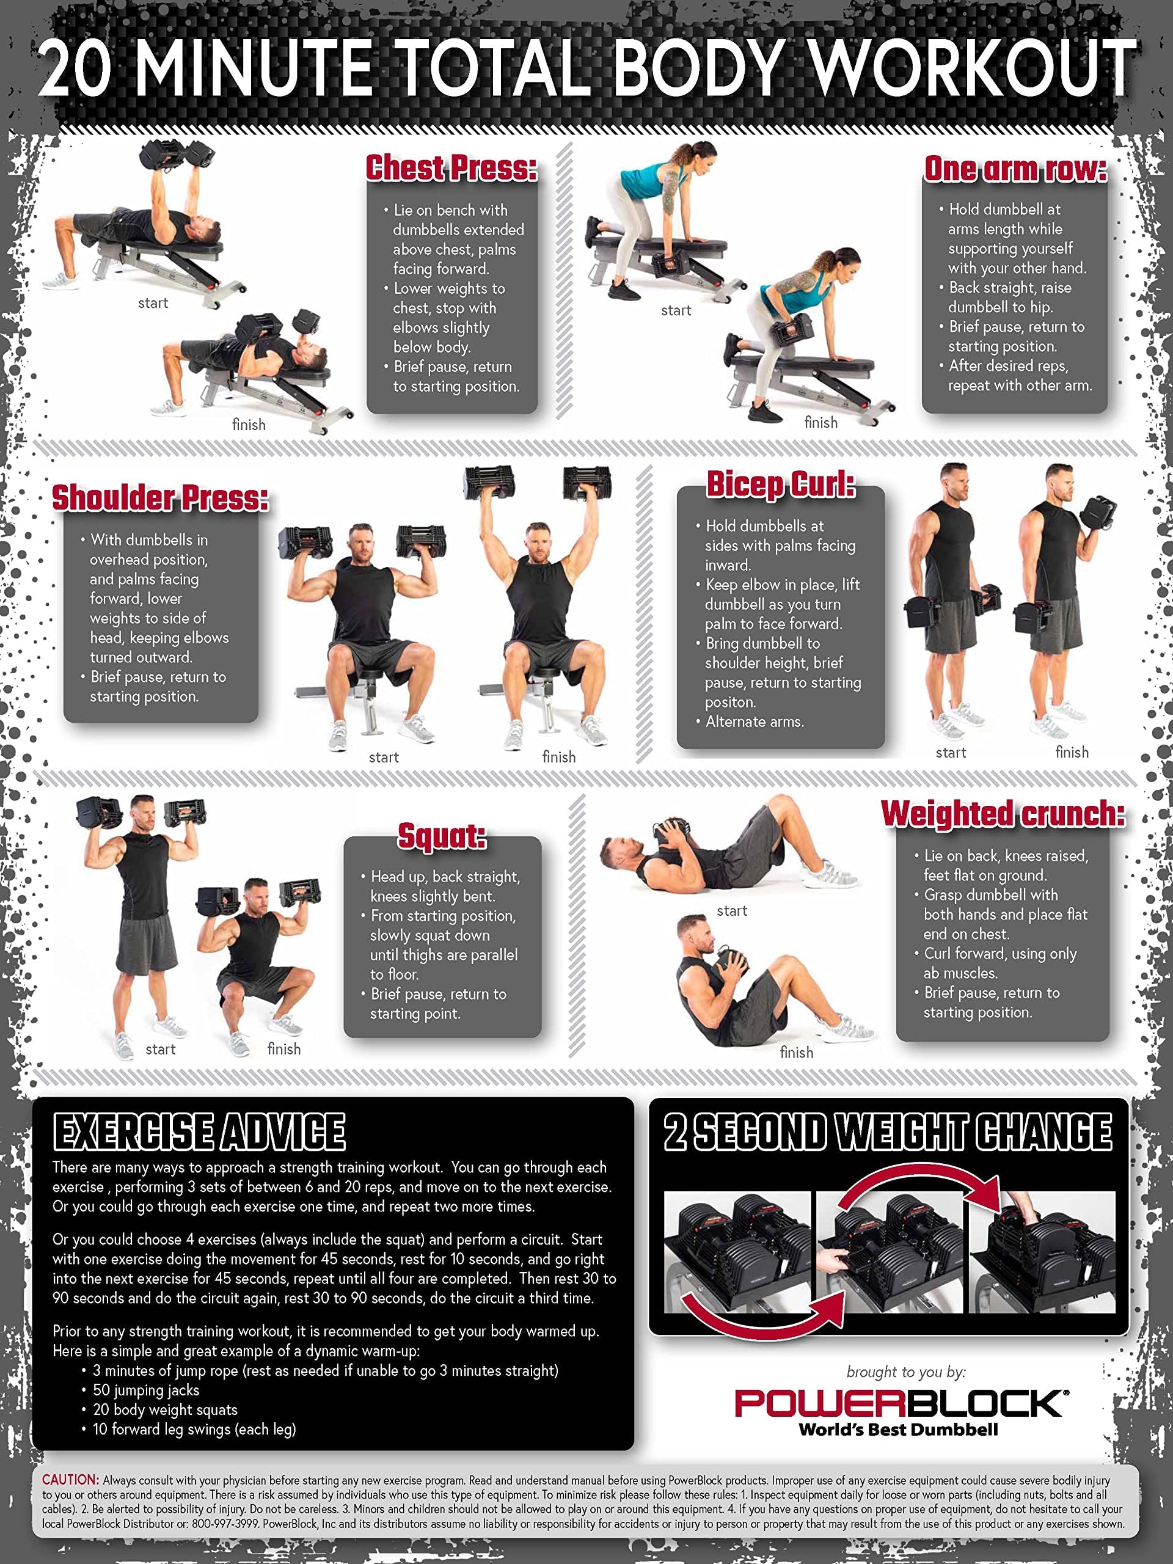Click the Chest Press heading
click(451, 168)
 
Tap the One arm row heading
click(1015, 169)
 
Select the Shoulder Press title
click(161, 498)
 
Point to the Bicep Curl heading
click(781, 485)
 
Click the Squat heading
click(442, 836)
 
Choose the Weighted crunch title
click(1003, 813)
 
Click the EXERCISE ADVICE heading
click(199, 1132)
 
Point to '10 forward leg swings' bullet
click(194, 1429)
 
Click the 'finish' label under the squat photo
click(283, 1049)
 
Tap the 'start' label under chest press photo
click(153, 303)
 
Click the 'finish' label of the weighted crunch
click(796, 1053)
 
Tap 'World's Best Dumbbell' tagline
click(898, 1430)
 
